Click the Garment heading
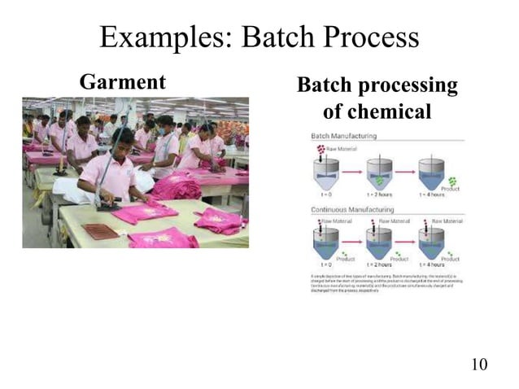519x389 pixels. pyautogui.click(x=122, y=82)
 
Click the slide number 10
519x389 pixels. pyautogui.click(x=479, y=363)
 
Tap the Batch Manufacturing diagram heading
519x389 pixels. pyautogui.click(x=338, y=135)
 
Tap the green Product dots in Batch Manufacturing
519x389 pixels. pyautogui.click(x=451, y=181)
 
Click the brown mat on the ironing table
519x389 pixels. pyautogui.click(x=102, y=231)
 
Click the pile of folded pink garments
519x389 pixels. pyautogui.click(x=175, y=187)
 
